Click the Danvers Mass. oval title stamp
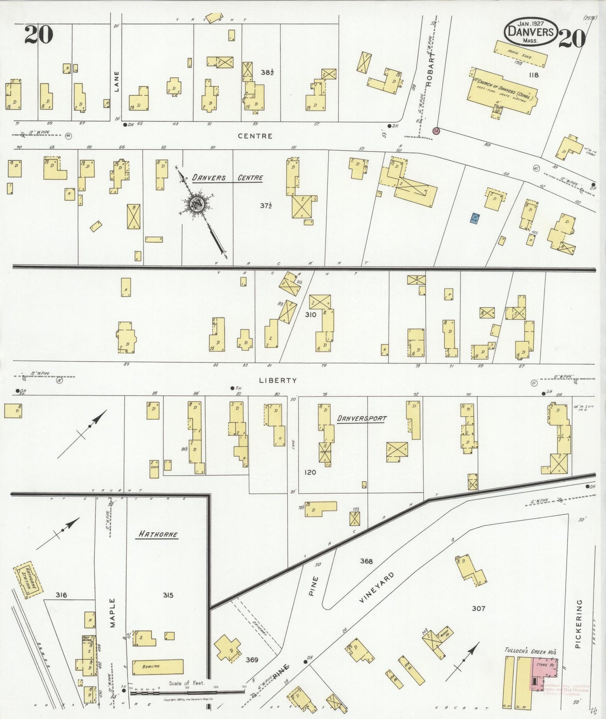pyautogui.click(x=531, y=31)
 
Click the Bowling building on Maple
pyautogui.click(x=158, y=667)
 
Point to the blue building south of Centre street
pyautogui.click(x=475, y=219)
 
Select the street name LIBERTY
pyautogui.click(x=278, y=380)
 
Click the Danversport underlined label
pyautogui.click(x=362, y=419)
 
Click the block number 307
pyautogui.click(x=478, y=608)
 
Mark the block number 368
pyautogui.click(x=366, y=561)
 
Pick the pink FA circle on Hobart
pyautogui.click(x=437, y=131)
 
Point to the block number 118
pyautogui.click(x=533, y=75)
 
